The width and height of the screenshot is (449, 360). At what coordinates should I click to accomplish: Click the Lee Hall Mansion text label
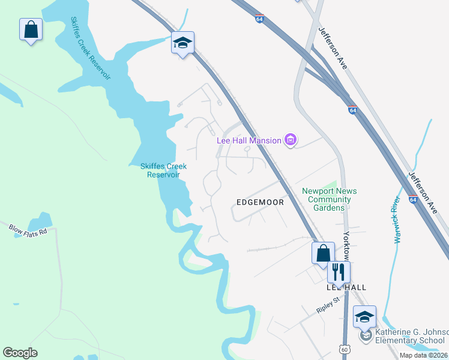coord(249,140)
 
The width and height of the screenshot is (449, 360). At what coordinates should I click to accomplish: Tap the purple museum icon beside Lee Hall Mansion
coord(291,140)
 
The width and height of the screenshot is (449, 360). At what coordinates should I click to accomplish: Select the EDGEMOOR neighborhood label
coord(261,202)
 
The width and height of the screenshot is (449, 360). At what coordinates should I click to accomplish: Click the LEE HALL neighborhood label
coord(346,287)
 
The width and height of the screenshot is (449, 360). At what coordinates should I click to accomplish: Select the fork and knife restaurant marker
coord(339,271)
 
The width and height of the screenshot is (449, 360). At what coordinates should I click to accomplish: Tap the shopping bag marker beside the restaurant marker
coord(323,252)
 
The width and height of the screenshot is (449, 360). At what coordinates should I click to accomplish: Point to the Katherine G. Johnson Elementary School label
coord(412,336)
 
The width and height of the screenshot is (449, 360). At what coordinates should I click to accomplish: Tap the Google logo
coord(20,353)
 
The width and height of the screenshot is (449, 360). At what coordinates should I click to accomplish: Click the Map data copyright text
coord(424,355)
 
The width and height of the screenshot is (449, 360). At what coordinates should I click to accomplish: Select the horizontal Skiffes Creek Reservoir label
coord(163,170)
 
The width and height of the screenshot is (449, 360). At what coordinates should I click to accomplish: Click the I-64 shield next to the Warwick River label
coord(413,199)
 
